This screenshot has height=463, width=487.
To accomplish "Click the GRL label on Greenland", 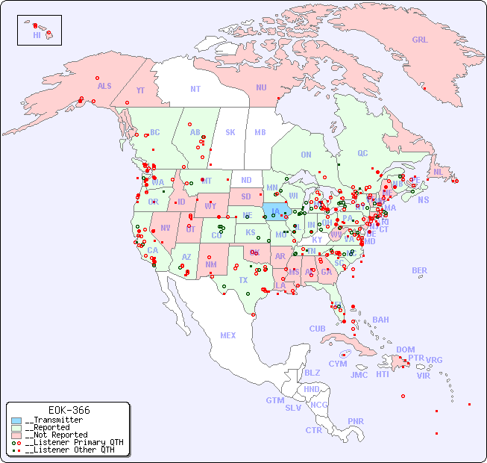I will (420, 40).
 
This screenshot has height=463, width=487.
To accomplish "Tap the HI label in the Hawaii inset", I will (37, 35).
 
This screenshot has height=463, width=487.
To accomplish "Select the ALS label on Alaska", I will (104, 86).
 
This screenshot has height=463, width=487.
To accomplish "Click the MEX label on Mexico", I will (228, 336).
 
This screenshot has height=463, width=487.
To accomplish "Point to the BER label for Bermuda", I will (420, 271).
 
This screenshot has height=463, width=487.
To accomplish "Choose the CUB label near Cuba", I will (317, 329).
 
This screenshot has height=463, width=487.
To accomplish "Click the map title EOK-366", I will (69, 411).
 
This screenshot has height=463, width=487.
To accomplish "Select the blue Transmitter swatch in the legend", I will (16, 420).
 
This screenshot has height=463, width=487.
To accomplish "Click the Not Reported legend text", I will (56, 435).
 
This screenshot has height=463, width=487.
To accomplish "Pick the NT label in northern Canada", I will (195, 89).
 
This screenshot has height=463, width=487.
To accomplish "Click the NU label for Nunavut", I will (261, 87).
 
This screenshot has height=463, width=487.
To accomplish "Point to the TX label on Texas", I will (243, 280).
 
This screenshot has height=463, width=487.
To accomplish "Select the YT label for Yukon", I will (140, 90).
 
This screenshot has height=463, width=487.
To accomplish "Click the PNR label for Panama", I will (356, 421).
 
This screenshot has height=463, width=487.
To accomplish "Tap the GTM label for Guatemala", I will (274, 400).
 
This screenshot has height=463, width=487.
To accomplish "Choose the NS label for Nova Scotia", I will (423, 199).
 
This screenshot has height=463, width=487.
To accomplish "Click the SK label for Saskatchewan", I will (230, 133).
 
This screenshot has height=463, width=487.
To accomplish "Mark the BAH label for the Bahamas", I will (380, 320).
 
